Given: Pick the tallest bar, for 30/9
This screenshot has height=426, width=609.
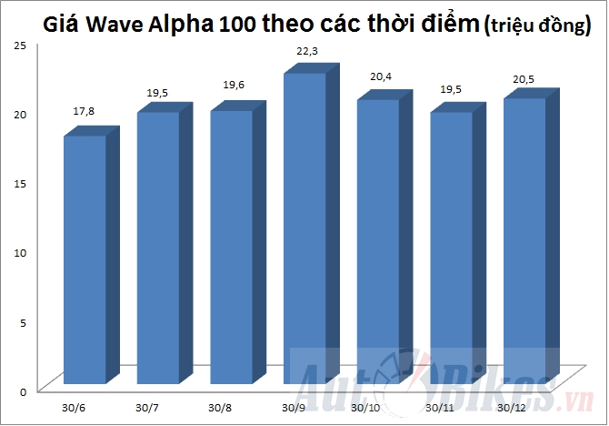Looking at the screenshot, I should coord(305,228).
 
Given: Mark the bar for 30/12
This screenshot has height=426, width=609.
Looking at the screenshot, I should coord(525,240).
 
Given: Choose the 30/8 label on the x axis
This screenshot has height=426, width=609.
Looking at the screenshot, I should coord(219,407).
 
